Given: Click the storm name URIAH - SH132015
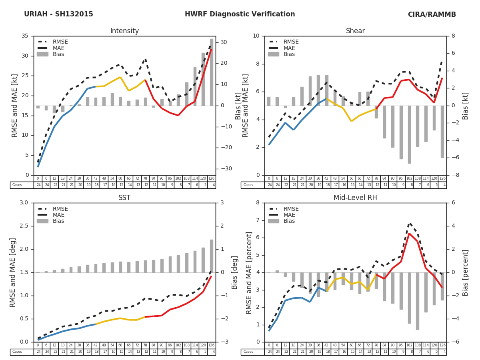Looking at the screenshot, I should (58, 14).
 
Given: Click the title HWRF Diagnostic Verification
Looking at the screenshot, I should (240, 14).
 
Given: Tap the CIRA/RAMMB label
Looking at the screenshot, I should (432, 14).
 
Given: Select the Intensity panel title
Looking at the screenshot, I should (124, 31).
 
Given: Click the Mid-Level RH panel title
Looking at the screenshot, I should (355, 198).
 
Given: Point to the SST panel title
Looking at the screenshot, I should (124, 198).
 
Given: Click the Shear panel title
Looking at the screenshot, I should (355, 31).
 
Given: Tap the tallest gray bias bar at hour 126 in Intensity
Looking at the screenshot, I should (211, 72).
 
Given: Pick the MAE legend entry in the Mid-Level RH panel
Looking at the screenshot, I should (290, 215).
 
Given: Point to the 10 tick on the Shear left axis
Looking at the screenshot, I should (256, 36).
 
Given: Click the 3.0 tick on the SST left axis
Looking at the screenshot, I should (24, 203).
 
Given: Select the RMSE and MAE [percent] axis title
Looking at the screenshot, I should (249, 272).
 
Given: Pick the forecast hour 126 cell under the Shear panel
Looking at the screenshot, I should (442, 178).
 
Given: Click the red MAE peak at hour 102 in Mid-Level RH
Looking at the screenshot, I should (409, 234).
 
